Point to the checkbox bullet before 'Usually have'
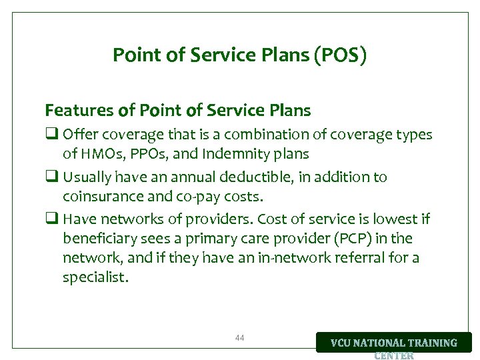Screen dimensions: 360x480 click(x=51, y=177)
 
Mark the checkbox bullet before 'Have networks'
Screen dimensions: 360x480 click(x=51, y=219)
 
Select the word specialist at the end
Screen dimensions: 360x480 click(x=94, y=276)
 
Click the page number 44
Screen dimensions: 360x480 click(x=240, y=338)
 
